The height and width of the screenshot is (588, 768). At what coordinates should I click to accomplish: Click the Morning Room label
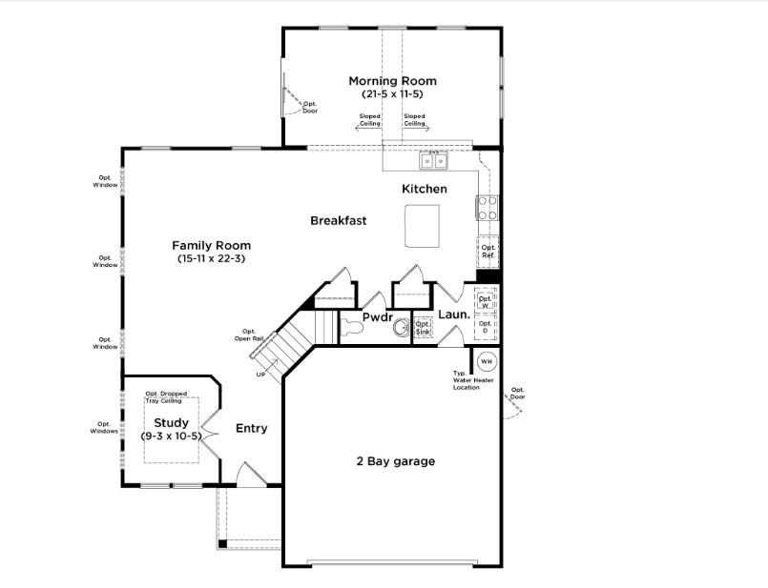point(392,81)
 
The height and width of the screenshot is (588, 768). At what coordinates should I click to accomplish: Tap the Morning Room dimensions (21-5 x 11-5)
point(392,94)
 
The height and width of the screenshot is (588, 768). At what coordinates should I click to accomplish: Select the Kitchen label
point(424,189)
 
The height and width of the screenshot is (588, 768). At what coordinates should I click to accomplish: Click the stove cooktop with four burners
point(488,208)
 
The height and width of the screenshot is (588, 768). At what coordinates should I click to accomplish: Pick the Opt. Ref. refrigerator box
point(488,252)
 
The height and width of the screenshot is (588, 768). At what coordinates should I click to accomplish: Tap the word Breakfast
point(339,220)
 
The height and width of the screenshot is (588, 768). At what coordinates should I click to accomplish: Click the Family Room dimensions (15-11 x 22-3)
point(211,258)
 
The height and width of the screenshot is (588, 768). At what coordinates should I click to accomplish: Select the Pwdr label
point(377,316)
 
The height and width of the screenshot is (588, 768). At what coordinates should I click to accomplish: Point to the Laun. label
point(453,314)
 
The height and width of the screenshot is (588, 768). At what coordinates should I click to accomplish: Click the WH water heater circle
point(487,361)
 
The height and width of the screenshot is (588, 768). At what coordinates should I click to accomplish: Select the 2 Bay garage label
point(395,461)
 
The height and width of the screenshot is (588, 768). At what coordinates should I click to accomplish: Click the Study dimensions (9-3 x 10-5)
point(172,436)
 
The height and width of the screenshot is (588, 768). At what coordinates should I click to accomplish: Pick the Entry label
point(251,428)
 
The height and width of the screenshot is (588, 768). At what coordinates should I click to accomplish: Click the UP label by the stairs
point(260,375)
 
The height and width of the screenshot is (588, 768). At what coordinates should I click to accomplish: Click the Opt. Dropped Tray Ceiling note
point(163,396)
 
